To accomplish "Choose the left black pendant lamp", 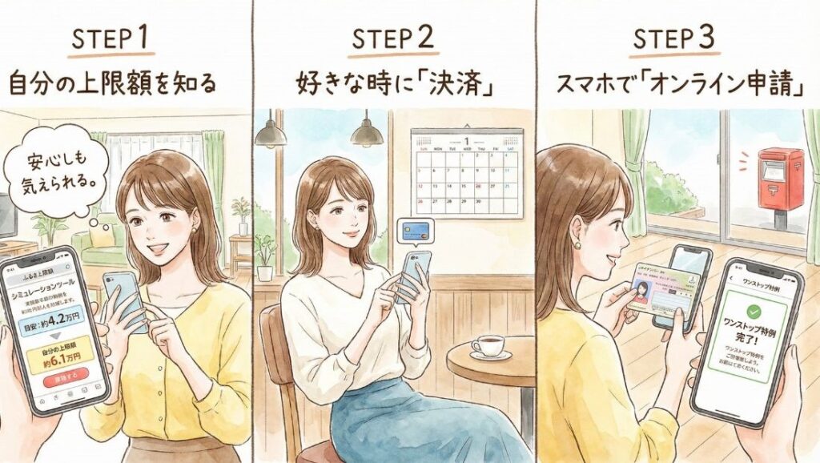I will pos(271,133).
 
